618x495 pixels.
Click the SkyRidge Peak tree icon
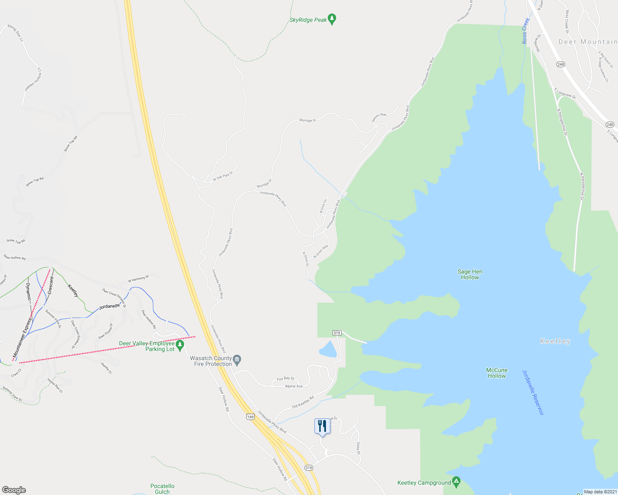click(x=332, y=19)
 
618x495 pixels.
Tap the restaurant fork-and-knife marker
click(x=322, y=426)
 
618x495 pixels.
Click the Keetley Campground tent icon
click(x=456, y=481)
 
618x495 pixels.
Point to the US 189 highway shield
click(x=250, y=417)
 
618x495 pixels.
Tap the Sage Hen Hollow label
click(x=470, y=274)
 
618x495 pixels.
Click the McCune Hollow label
click(x=497, y=373)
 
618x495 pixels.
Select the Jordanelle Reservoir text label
click(x=533, y=392)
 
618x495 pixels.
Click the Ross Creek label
click(x=525, y=31)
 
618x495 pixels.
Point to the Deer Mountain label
click(x=587, y=42)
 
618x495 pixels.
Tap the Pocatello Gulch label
click(x=162, y=489)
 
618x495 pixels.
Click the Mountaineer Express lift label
click(x=23, y=337)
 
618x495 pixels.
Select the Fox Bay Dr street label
click(x=285, y=378)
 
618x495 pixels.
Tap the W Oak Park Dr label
click(x=223, y=177)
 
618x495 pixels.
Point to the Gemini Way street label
click(x=379, y=117)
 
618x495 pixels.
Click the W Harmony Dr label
click(x=138, y=279)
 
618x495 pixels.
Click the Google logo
click(x=14, y=490)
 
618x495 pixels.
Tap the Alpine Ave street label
click(x=294, y=386)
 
